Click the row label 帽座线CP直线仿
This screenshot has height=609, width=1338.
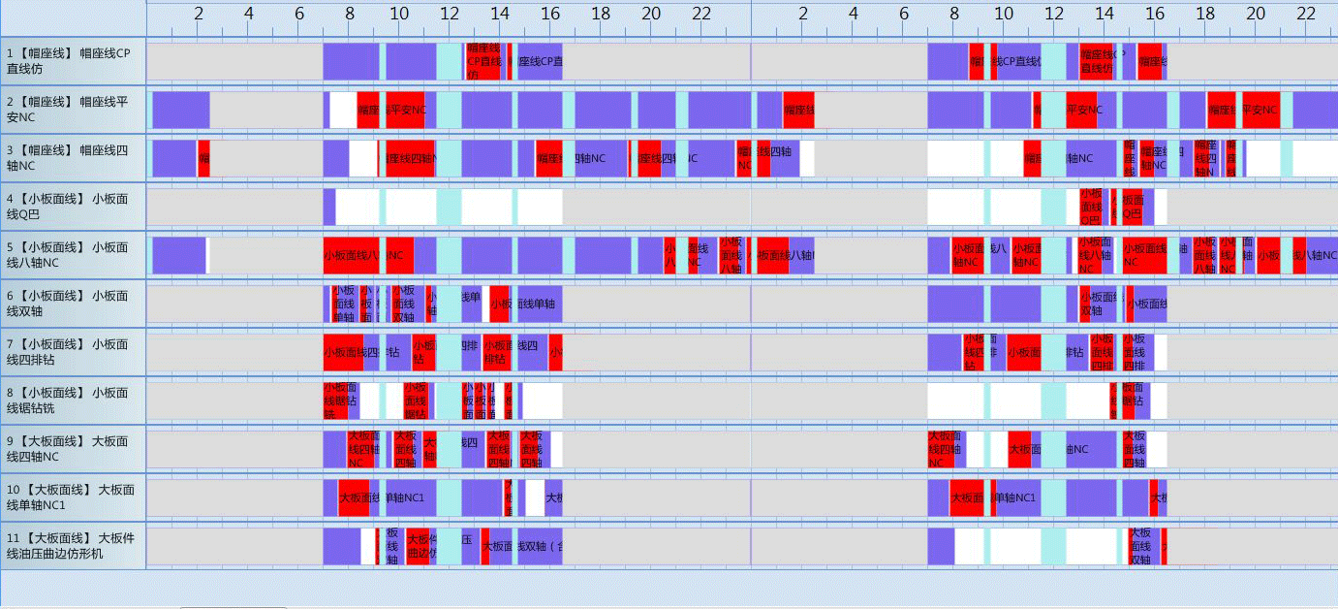(x=73, y=61)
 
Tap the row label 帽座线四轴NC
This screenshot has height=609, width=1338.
(x=73, y=158)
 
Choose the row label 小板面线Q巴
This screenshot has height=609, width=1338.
(x=73, y=207)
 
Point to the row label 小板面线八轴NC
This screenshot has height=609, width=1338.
(x=73, y=255)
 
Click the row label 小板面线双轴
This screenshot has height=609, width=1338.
(x=73, y=304)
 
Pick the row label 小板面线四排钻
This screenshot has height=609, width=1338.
(x=73, y=352)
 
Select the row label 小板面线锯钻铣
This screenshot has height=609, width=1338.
(x=73, y=401)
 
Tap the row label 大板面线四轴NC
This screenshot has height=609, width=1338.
(x=73, y=449)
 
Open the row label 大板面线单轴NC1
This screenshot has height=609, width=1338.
(x=73, y=497)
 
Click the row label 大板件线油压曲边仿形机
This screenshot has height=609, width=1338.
(x=73, y=546)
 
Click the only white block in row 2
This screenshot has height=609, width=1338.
(x=343, y=111)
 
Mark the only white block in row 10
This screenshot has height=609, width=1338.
(x=535, y=498)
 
